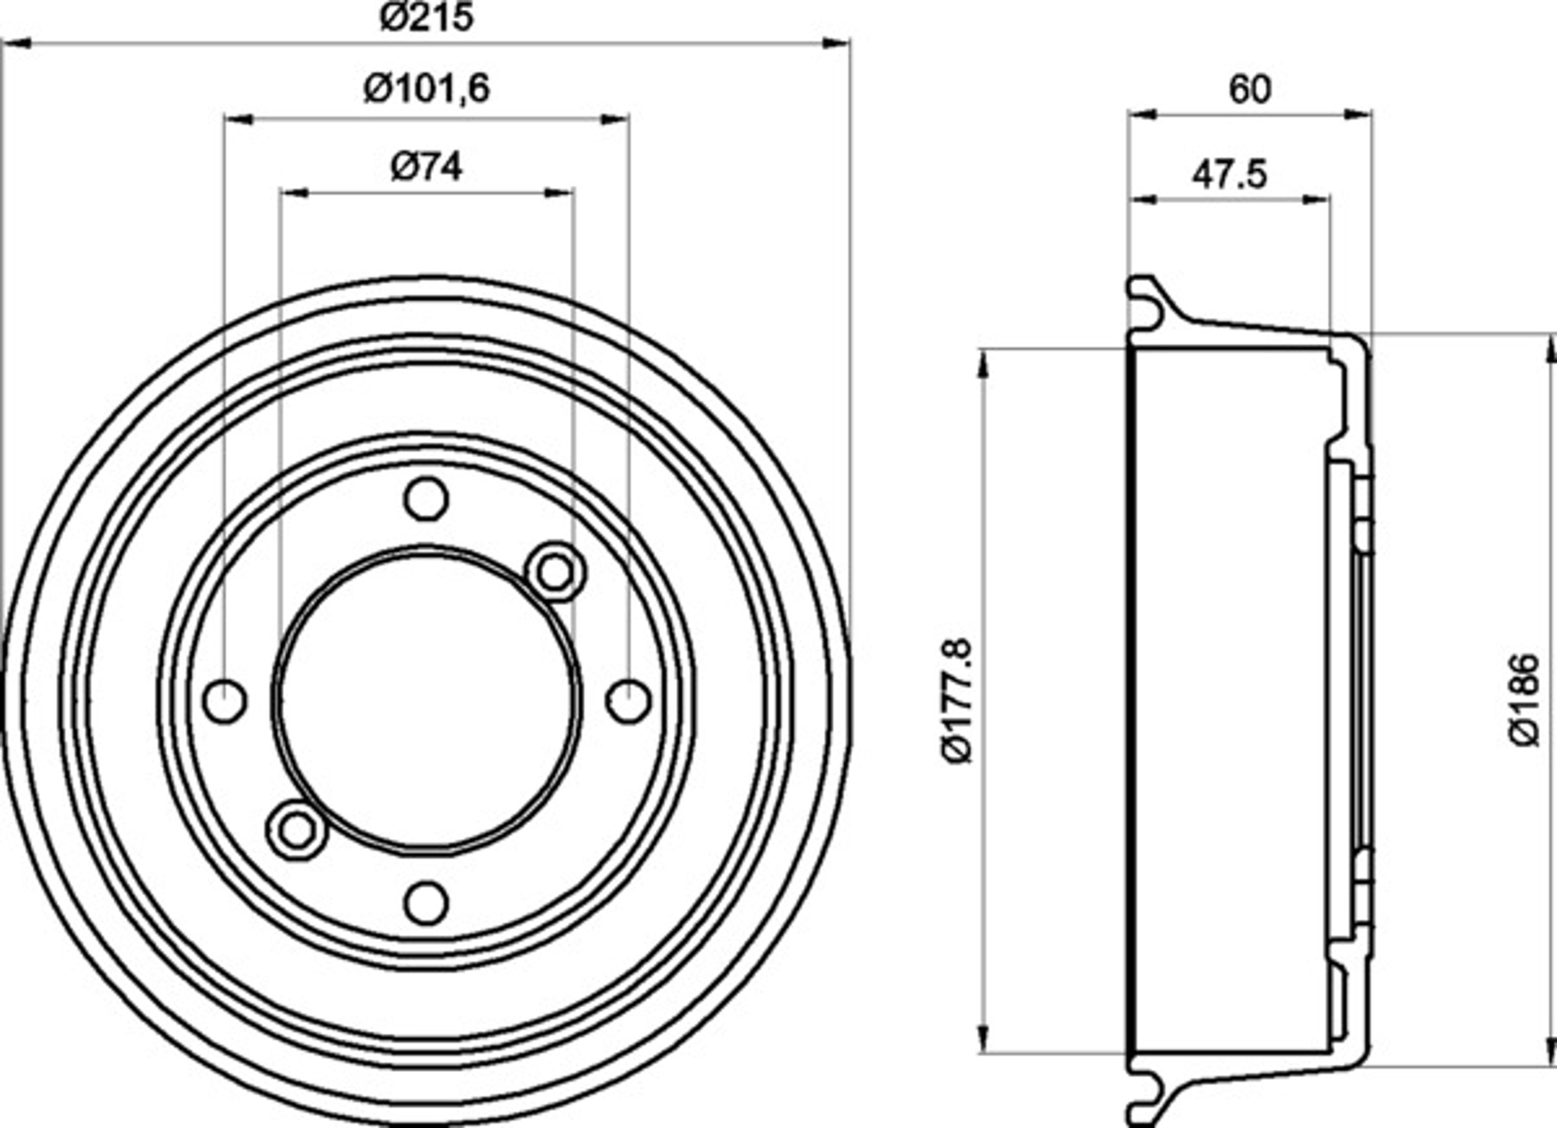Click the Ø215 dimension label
[426, 16]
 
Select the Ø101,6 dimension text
[426, 89]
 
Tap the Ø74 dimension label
[426, 167]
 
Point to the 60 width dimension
[1249, 89]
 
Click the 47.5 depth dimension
[1229, 175]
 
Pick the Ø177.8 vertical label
[958, 701]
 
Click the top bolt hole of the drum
[426, 499]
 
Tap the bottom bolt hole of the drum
[426, 903]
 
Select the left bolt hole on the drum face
[224, 701]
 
